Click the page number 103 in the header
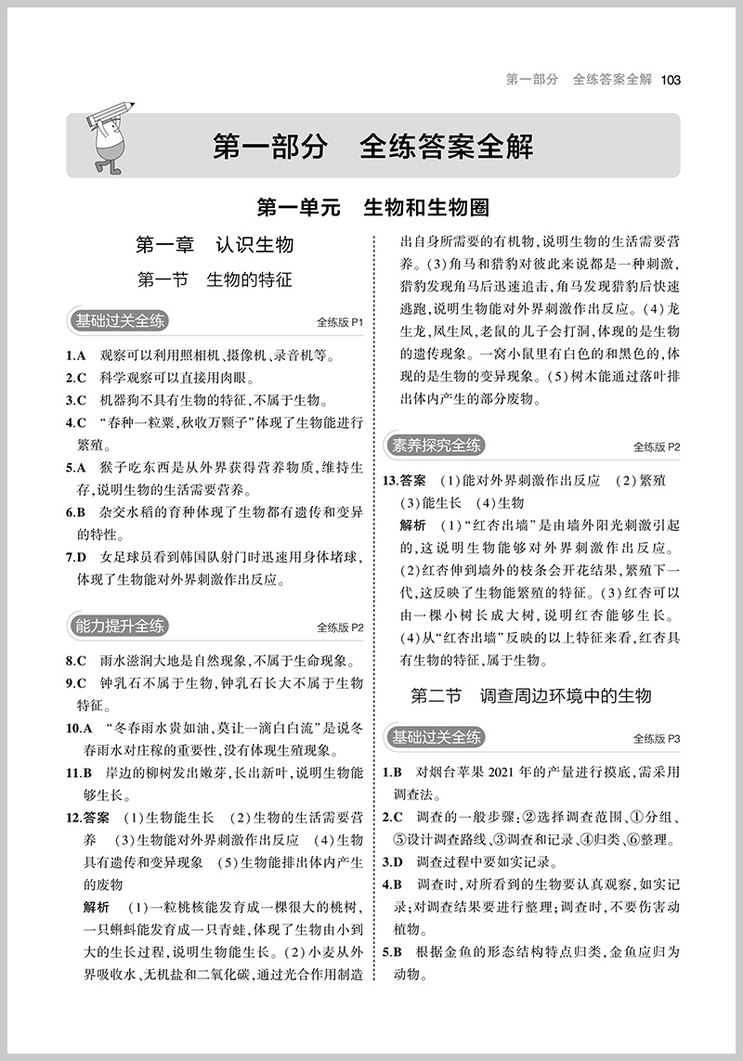[x=671, y=80]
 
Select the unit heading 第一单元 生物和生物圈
[x=372, y=206]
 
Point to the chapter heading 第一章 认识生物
[x=215, y=245]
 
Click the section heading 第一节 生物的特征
[x=215, y=279]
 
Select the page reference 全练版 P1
[x=341, y=323]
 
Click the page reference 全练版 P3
[x=657, y=739]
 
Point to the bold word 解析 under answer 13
[x=412, y=524]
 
